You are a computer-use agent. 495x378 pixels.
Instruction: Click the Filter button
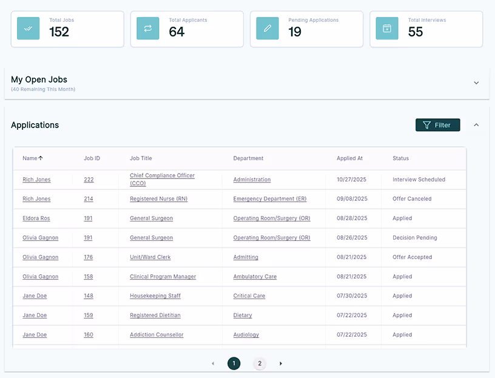437,125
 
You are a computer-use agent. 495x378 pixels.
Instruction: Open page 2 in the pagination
260,363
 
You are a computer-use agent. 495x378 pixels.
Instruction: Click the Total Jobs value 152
59,32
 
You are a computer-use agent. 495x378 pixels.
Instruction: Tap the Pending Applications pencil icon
268,29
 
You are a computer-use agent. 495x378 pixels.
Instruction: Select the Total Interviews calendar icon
387,29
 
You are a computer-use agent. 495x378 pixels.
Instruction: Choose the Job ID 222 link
89,180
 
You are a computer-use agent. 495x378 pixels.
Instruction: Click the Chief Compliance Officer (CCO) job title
162,179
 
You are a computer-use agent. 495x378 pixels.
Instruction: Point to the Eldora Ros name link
36,218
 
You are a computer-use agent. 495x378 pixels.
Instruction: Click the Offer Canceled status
412,199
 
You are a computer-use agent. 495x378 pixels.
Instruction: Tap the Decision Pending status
414,238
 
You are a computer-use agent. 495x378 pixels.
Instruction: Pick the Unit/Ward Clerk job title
150,257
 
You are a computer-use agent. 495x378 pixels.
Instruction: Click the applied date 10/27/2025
352,180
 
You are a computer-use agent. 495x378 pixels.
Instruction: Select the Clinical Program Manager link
163,277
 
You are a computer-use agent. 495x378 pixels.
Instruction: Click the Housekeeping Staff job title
155,296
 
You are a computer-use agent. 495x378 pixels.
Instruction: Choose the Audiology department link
246,335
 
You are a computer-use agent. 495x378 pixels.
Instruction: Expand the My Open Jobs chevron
476,83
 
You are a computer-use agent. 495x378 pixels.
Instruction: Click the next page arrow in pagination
281,363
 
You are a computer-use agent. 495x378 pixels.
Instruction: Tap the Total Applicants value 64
177,32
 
